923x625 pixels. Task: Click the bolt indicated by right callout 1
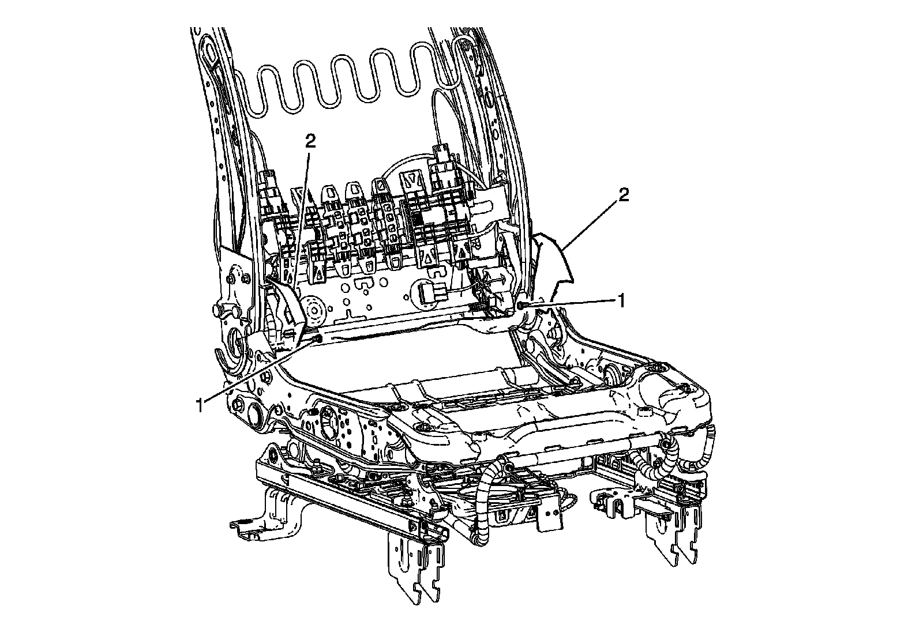pyautogui.click(x=521, y=305)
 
